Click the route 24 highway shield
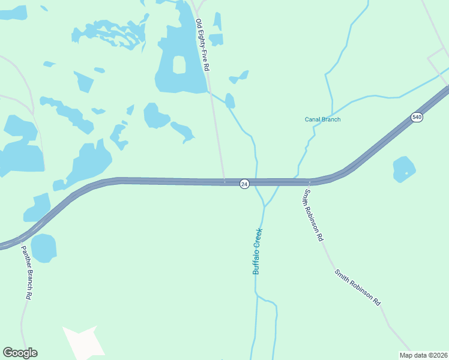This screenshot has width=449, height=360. click(x=244, y=184)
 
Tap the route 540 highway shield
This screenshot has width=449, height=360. click(x=417, y=117)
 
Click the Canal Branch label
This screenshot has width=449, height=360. click(x=322, y=119)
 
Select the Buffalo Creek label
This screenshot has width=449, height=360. click(x=258, y=251)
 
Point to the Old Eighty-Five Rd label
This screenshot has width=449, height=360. click(x=202, y=45)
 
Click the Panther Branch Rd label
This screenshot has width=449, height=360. click(x=26, y=272)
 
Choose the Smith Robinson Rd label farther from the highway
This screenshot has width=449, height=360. click(x=358, y=288)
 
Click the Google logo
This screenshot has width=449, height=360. click(x=20, y=353)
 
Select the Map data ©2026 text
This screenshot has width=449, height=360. click(x=423, y=355)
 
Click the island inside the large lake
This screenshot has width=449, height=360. click(x=179, y=64)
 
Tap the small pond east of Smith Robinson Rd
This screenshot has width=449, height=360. click(x=404, y=169)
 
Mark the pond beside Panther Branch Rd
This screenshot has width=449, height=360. click(x=44, y=248)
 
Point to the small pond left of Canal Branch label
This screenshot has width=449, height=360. click(x=239, y=77)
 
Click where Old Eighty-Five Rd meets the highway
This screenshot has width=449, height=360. click(x=224, y=181)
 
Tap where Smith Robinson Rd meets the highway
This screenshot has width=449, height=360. click(x=310, y=182)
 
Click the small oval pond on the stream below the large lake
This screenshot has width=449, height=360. click(x=230, y=100)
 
